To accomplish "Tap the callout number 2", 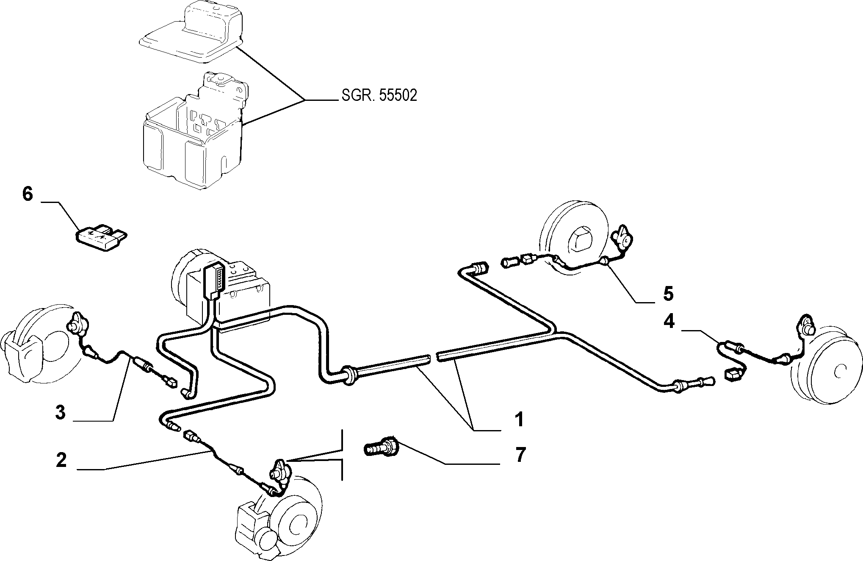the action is (61, 460).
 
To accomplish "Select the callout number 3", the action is (61, 412).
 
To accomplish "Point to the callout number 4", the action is (669, 322).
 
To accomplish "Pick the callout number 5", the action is (668, 293).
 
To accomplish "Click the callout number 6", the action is (27, 194).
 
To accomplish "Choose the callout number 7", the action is (520, 455).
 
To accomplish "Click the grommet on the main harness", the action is (350, 373).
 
